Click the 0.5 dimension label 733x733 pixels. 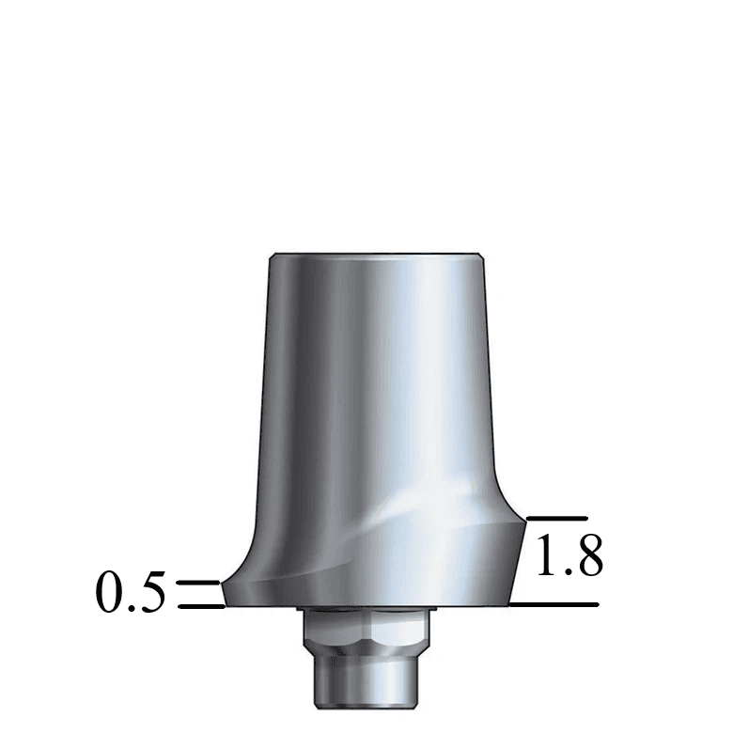click(131, 595)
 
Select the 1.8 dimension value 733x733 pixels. click(569, 559)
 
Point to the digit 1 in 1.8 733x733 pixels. click(545, 559)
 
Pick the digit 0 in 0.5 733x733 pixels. click(110, 595)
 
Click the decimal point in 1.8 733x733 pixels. click(564, 572)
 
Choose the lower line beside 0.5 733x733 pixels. click(199, 606)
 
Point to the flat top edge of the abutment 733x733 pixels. click(376, 254)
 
